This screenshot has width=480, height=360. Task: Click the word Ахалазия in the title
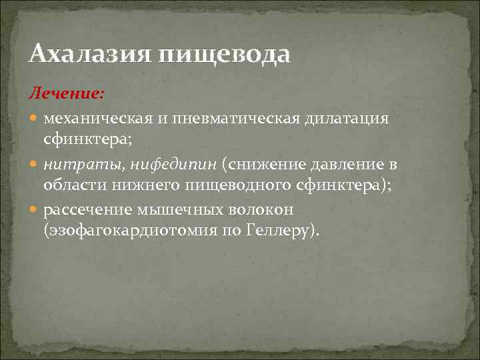89,53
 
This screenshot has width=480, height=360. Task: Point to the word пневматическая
233,118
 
